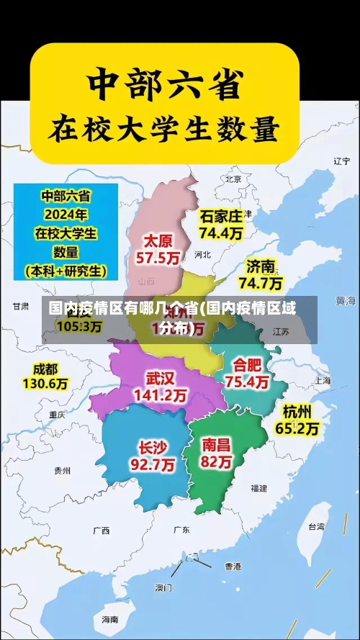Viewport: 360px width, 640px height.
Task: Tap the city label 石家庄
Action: tap(221, 216)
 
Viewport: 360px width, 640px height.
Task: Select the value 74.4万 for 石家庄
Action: tap(221, 233)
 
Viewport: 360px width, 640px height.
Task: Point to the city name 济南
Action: tap(261, 266)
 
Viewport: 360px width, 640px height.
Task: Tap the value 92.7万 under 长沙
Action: tap(152, 464)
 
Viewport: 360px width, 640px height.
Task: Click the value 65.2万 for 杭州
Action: tap(297, 428)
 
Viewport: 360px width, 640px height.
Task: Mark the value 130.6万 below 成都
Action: tap(45, 384)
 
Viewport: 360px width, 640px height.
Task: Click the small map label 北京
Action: tap(233, 179)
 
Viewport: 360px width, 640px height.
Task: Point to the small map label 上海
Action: tap(322, 380)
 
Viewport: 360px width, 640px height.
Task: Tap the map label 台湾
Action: tap(316, 526)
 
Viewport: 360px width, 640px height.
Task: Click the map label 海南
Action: tap(109, 619)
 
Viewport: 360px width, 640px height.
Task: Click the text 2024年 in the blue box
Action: tap(65, 214)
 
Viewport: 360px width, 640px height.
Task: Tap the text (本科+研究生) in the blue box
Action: tap(65, 271)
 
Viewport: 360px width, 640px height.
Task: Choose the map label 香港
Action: tap(233, 566)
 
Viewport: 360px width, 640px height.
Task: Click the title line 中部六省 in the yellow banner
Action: tap(164, 85)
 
